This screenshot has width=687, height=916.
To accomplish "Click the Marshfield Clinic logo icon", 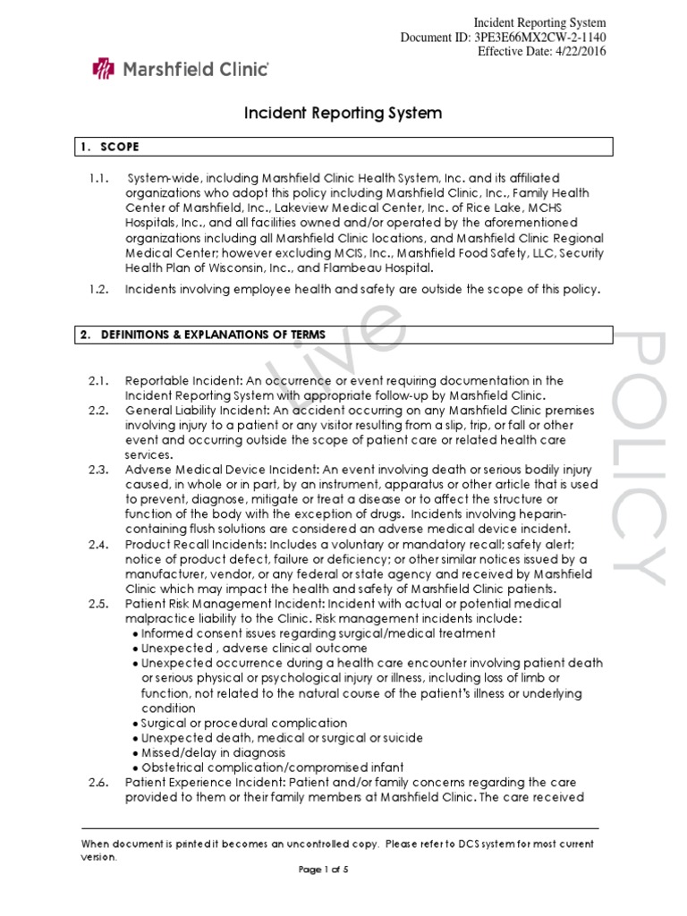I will (106, 67).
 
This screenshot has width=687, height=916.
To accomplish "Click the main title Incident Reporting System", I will (343, 114).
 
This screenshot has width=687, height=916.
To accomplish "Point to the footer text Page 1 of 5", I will (343, 869).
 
